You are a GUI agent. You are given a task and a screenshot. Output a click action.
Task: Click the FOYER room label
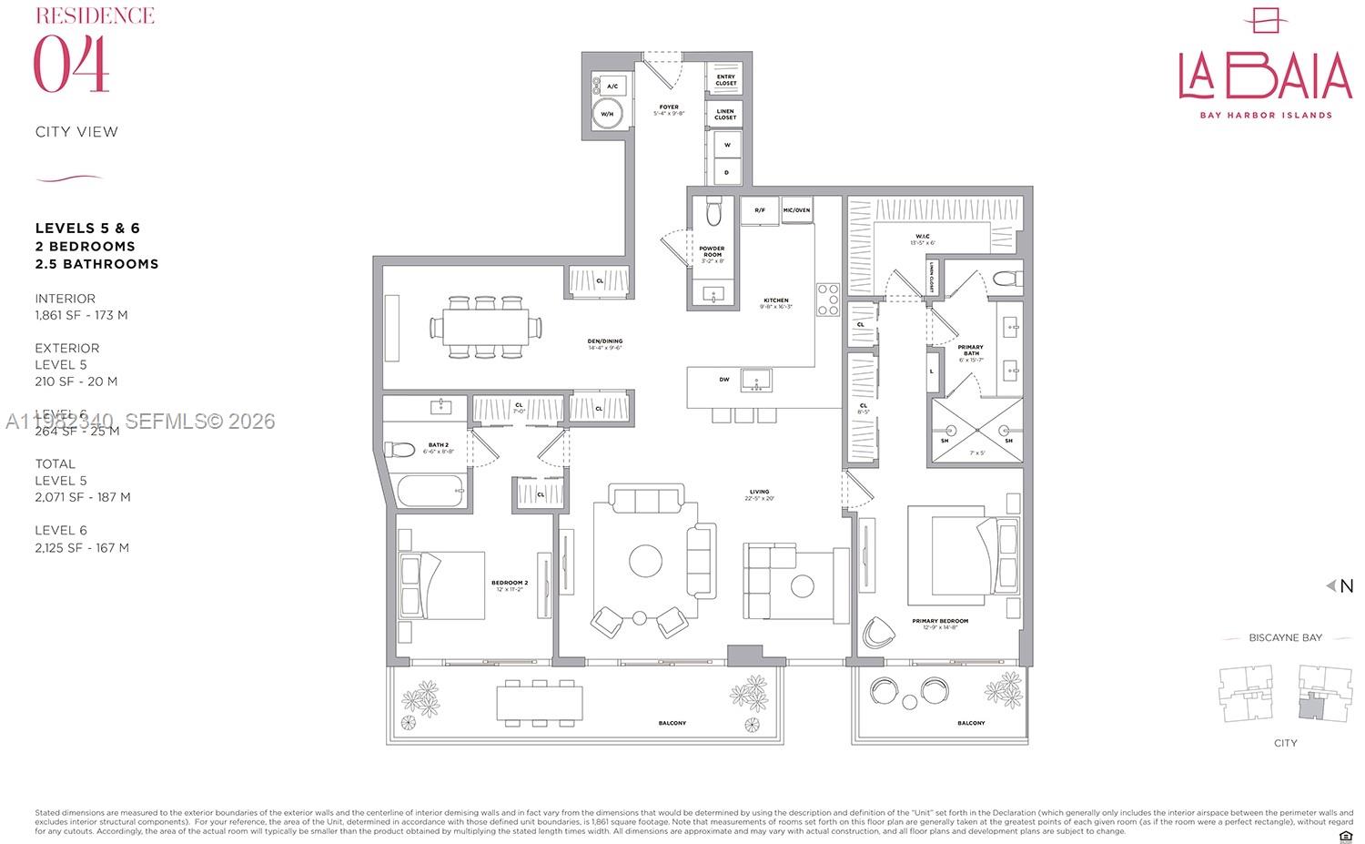click(x=669, y=107)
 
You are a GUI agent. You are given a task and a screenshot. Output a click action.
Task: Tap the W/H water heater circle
click(x=606, y=115)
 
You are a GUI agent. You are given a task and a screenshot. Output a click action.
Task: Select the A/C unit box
click(x=612, y=86)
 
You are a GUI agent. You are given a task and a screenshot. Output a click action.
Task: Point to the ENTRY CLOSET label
click(x=725, y=80)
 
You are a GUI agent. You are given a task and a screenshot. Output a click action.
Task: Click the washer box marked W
click(x=726, y=144)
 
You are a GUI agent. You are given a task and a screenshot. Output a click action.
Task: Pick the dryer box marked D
click(x=726, y=170)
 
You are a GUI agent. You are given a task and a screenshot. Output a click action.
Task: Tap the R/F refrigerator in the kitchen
click(x=759, y=210)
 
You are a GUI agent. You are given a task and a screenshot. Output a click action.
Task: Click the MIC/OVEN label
click(x=796, y=210)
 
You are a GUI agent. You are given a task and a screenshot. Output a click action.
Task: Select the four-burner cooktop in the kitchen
click(x=827, y=300)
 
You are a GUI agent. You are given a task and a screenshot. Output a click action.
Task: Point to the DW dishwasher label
click(x=724, y=380)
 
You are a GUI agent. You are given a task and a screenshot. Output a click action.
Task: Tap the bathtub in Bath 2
click(x=431, y=493)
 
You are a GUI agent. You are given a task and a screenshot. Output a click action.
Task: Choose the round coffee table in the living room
click(x=646, y=558)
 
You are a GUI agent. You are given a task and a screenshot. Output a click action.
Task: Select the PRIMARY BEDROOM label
click(x=940, y=621)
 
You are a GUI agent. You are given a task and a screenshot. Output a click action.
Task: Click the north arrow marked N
click(x=1341, y=586)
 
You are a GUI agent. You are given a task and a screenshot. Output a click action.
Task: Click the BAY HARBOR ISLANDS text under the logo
click(x=1265, y=116)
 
